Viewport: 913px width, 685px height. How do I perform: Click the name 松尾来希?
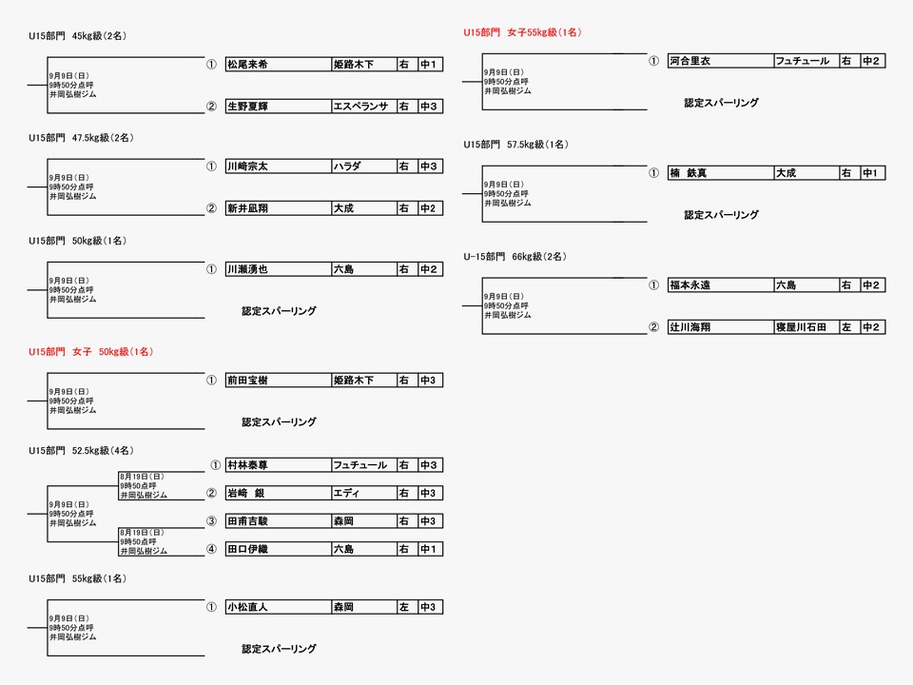pos(247,65)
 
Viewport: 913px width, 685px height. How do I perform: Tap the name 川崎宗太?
pos(247,166)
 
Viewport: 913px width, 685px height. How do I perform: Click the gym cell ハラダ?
pos(347,166)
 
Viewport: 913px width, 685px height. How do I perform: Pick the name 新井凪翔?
pos(247,208)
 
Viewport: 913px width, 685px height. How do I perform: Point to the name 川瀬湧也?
pos(247,269)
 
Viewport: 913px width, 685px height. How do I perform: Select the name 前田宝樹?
pos(247,381)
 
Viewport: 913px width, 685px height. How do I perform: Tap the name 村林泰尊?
pos(247,465)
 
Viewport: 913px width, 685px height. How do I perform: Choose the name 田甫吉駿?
pos(247,521)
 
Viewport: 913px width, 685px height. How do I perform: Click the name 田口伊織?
pos(247,549)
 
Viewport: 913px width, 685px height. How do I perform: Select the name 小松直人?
pos(247,607)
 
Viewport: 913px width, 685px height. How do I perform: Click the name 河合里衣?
pos(690,61)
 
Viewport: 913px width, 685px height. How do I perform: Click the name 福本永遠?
pos(690,284)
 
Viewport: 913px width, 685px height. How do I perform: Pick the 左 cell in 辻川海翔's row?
pos(846,327)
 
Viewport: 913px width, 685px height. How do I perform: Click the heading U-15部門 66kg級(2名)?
pos(515,256)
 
